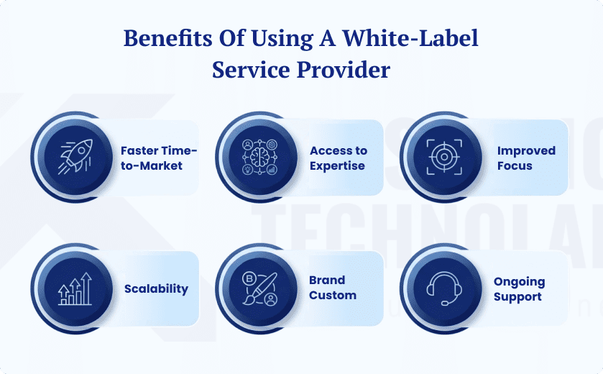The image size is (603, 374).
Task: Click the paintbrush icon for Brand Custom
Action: [x=259, y=288]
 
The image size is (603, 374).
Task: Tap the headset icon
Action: [x=443, y=288]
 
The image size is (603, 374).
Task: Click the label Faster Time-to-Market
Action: [x=158, y=158]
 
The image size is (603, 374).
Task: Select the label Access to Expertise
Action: [x=338, y=158]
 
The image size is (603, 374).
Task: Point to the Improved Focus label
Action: [x=526, y=158]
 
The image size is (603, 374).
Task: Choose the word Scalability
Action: [x=156, y=289]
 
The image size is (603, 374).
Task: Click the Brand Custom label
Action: [x=333, y=288]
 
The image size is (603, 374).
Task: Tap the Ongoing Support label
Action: [x=519, y=289]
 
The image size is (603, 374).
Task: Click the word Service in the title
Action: [x=247, y=70]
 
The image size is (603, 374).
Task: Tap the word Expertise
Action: [x=338, y=166]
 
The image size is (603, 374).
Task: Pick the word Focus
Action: [x=515, y=166]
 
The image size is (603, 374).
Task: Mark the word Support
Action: [x=517, y=297]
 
